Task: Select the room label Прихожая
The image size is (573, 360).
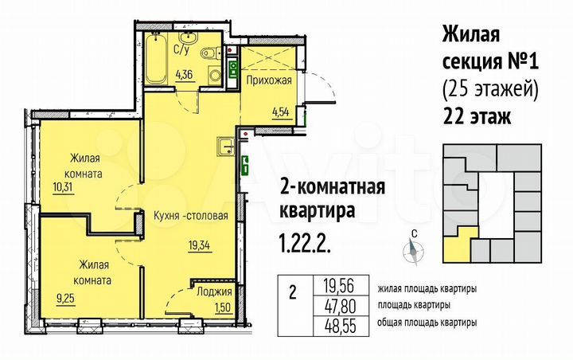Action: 268,80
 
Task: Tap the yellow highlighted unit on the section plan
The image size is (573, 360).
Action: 461,245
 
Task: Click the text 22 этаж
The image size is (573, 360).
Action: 475,117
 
